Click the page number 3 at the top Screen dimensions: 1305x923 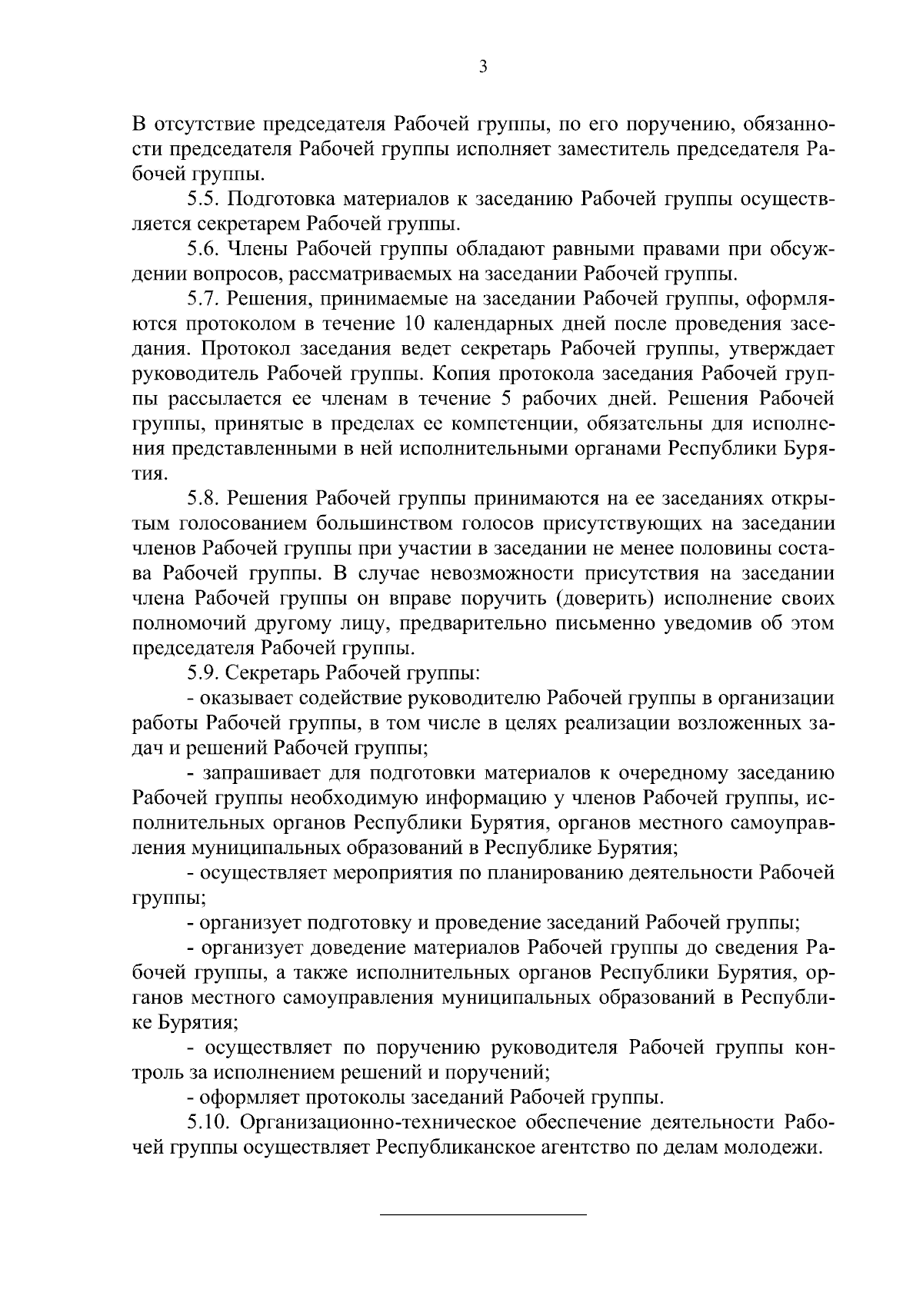tap(482, 67)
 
